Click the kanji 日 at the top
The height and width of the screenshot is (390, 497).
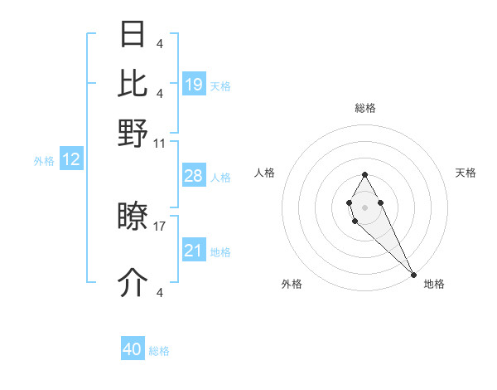pos(133,35)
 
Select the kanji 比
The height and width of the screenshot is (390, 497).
pos(133,83)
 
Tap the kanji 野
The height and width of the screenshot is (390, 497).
pos(133,132)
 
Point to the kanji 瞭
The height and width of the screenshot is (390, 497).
pos(133,218)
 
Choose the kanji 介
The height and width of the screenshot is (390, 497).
pos(133,283)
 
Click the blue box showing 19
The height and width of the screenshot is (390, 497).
pos(194,84)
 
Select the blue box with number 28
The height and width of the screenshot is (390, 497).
pos(194,176)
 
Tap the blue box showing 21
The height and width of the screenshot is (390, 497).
pos(194,251)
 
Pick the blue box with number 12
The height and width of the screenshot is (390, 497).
pos(71,159)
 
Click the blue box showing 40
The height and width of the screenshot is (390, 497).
pos(133,349)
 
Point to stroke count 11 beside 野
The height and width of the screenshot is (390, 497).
pos(160,143)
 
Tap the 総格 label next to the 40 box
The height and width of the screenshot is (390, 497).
pos(159,351)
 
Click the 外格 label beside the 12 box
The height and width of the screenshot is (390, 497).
pos(44,161)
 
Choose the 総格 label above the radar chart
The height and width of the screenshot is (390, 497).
pos(365,108)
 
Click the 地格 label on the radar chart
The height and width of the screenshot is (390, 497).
pos(434,284)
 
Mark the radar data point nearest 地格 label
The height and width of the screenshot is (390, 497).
pos(413,274)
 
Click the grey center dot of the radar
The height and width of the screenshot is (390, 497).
pos(364,206)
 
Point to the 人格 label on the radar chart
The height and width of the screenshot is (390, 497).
pos(265,173)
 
